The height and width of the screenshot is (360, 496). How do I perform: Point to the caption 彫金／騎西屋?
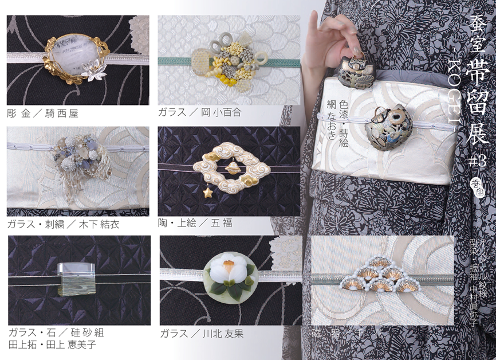coord(43,114)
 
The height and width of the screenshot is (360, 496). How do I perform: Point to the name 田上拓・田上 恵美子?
coord(52,345)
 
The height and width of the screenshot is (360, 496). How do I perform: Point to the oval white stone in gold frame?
coord(77,55)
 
